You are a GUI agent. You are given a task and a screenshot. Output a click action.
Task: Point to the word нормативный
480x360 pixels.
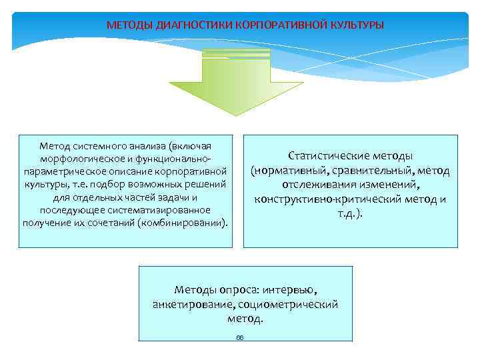point(287,170)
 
